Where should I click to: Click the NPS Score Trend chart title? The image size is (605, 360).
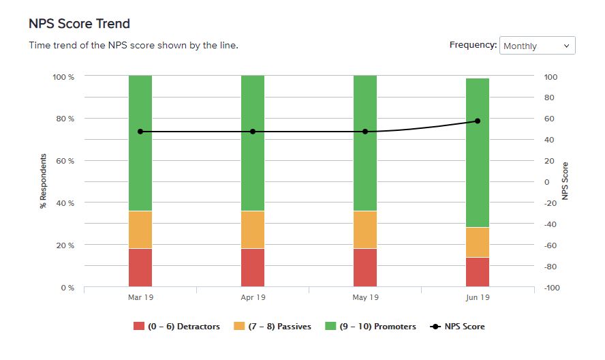[x=79, y=23]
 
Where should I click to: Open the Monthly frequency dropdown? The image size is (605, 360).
[x=537, y=46]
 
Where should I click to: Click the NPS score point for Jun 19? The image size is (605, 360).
[x=478, y=121]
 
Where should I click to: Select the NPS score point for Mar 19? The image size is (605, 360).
[x=140, y=132]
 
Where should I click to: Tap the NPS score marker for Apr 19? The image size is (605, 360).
[x=253, y=132]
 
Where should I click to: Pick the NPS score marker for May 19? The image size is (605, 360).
[x=365, y=132]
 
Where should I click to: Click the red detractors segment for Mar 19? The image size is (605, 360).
[x=140, y=267]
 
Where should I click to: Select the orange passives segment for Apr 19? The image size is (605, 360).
[x=253, y=230]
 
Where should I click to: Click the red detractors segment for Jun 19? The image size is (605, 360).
[x=478, y=272]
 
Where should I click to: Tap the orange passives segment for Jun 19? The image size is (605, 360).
[x=478, y=242]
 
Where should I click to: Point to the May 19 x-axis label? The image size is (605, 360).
[x=365, y=298]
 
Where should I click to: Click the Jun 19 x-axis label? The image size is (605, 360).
[x=478, y=298]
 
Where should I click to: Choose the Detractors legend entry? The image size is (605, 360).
[x=177, y=327]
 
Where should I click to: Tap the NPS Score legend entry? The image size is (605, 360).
[x=458, y=327]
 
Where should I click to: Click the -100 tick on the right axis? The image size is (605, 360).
[x=551, y=288]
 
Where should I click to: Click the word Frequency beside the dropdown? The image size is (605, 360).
[x=472, y=45]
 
